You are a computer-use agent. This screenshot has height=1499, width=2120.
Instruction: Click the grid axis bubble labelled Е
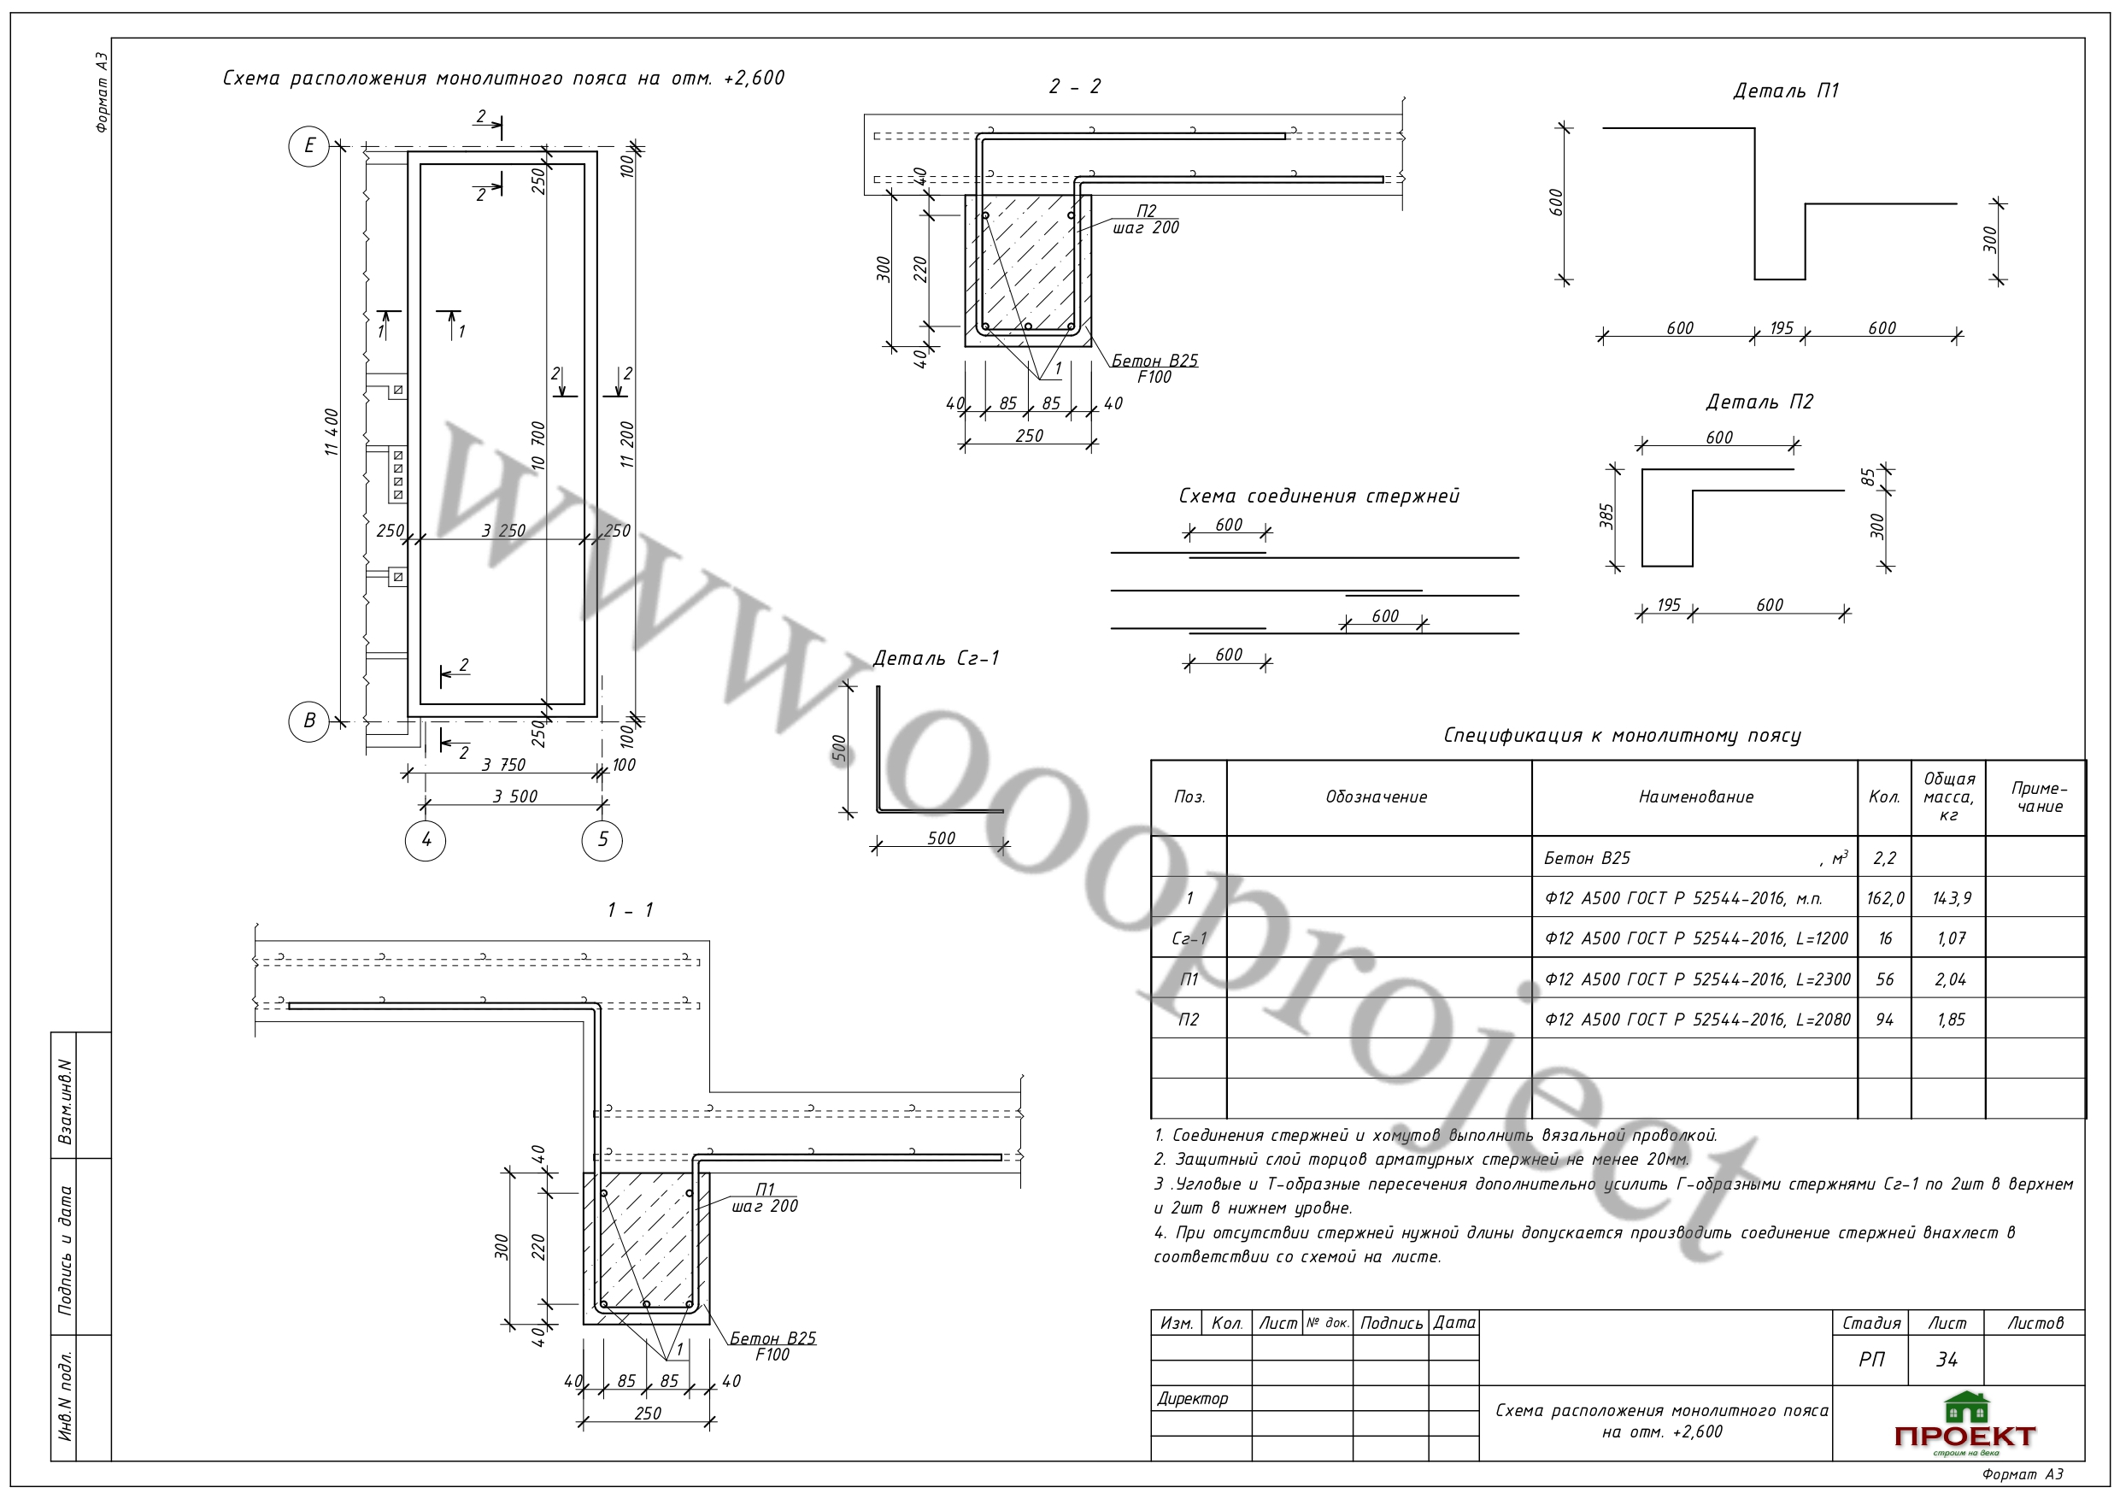tap(308, 146)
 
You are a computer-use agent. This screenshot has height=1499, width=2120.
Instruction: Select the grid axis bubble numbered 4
tap(426, 840)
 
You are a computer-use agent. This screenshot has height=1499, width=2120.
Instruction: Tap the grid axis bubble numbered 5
tap(602, 839)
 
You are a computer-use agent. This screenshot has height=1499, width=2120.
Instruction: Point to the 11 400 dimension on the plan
tap(332, 432)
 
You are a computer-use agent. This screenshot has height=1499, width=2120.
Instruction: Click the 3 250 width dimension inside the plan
tap(503, 531)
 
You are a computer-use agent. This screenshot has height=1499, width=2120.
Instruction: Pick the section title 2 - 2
tap(1075, 87)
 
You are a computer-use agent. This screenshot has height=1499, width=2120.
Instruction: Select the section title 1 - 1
tap(631, 911)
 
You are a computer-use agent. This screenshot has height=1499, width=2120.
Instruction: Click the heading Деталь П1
tap(1786, 91)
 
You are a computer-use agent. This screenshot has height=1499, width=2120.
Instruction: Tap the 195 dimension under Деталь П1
tap(1781, 328)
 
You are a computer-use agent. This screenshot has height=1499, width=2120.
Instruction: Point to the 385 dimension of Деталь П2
tap(1606, 515)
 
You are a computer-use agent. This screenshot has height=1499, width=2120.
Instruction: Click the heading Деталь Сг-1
tap(937, 659)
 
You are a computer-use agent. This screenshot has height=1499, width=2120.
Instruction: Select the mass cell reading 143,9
tap(1951, 897)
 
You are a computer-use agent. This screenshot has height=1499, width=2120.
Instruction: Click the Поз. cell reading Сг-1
tap(1189, 938)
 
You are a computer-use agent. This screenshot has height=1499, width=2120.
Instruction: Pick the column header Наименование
tap(1695, 797)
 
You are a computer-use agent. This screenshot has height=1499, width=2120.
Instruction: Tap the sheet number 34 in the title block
tap(1947, 1360)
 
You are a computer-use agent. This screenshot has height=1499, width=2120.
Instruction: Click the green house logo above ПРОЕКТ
tap(1966, 1408)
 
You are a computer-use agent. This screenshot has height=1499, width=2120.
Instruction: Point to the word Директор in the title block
tap(1193, 1398)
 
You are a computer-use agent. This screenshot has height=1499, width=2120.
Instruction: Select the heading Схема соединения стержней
tap(1318, 496)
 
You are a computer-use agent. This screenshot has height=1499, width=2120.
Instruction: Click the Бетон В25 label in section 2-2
tap(1154, 360)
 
